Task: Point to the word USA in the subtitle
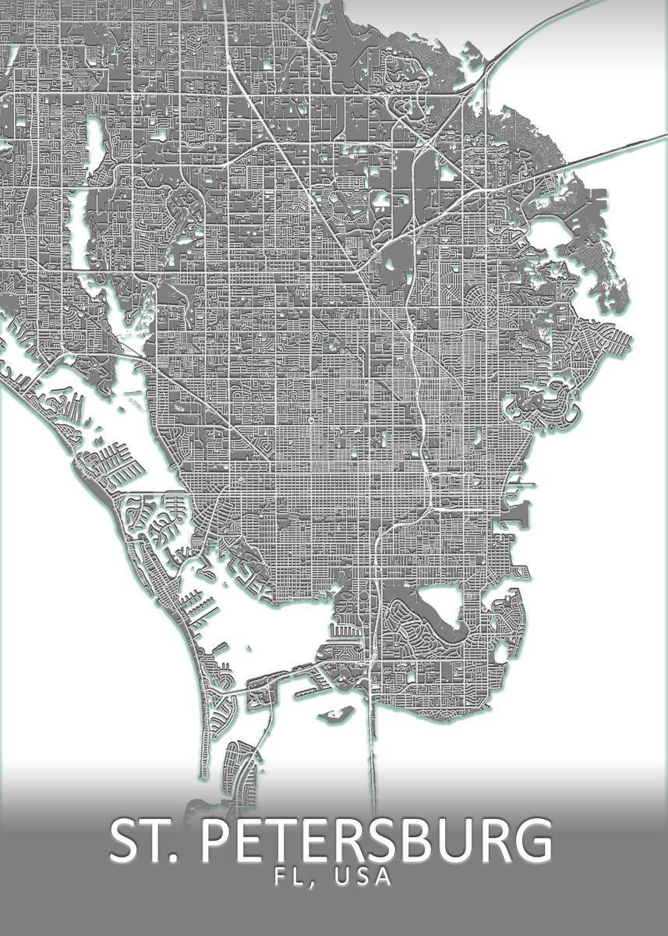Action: coord(362,876)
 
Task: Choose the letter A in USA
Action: coord(382,876)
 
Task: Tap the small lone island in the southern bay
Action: coord(337,713)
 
